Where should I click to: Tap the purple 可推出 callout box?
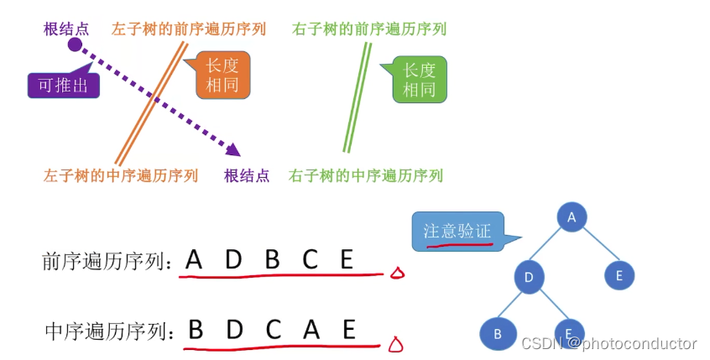[x=63, y=85]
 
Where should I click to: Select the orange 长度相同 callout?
[x=222, y=76]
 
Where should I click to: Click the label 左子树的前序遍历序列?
[x=189, y=29]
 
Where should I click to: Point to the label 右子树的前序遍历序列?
[x=369, y=29]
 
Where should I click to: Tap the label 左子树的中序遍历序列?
[x=121, y=175]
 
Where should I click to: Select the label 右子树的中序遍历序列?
[x=366, y=175]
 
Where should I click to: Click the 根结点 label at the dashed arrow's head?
[x=247, y=175]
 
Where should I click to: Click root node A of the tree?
[x=572, y=217]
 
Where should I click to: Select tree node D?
[x=529, y=277]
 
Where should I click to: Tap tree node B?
[x=497, y=333]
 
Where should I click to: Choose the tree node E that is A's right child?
[x=619, y=275]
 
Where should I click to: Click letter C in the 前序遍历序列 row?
[x=311, y=260]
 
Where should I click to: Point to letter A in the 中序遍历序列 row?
[x=311, y=329]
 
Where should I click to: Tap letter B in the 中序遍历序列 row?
[x=196, y=329]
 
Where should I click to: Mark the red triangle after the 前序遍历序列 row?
[x=396, y=274]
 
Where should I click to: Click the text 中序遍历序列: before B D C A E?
[x=113, y=331]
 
